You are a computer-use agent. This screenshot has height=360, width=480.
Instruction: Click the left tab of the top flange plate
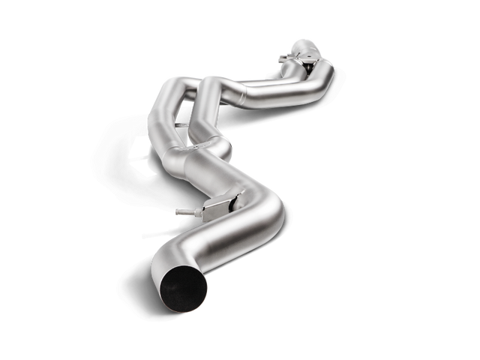pos(283,55)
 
